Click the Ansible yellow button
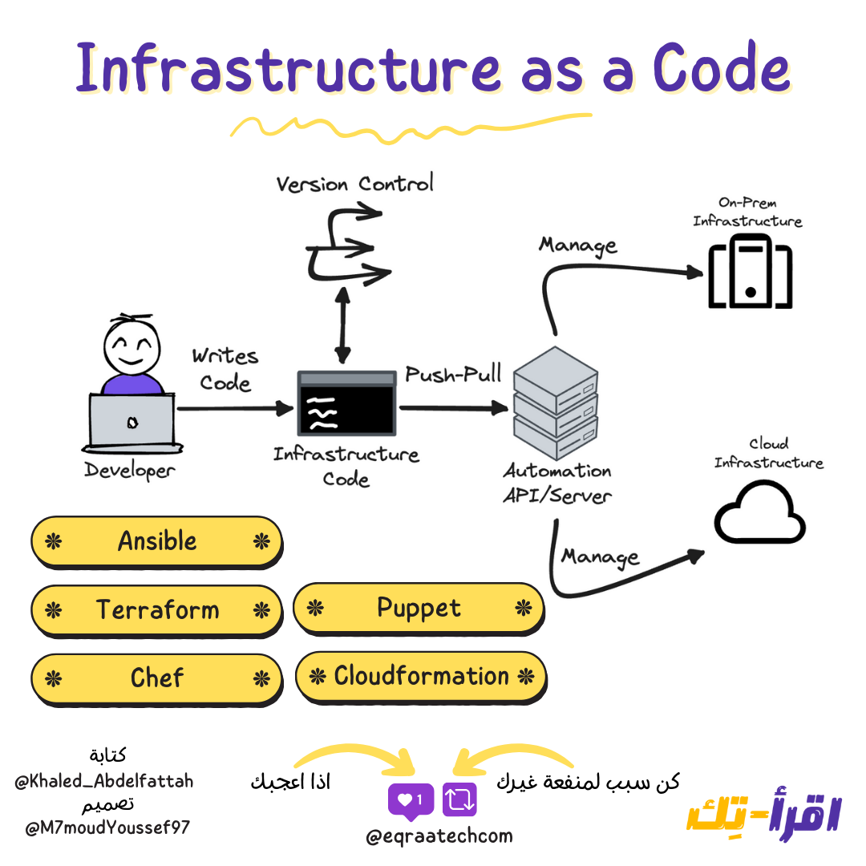[156, 542]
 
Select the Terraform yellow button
[156, 610]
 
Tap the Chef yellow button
[156, 679]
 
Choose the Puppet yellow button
[419, 609]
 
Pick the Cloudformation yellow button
[421, 677]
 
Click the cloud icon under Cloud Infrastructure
[759, 512]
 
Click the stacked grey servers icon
[555, 399]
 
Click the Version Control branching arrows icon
[343, 244]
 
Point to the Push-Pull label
[453, 374]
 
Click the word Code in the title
[720, 71]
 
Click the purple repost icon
[459, 799]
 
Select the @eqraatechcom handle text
[439, 836]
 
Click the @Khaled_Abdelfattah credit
[104, 780]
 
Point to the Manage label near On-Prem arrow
[577, 245]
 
